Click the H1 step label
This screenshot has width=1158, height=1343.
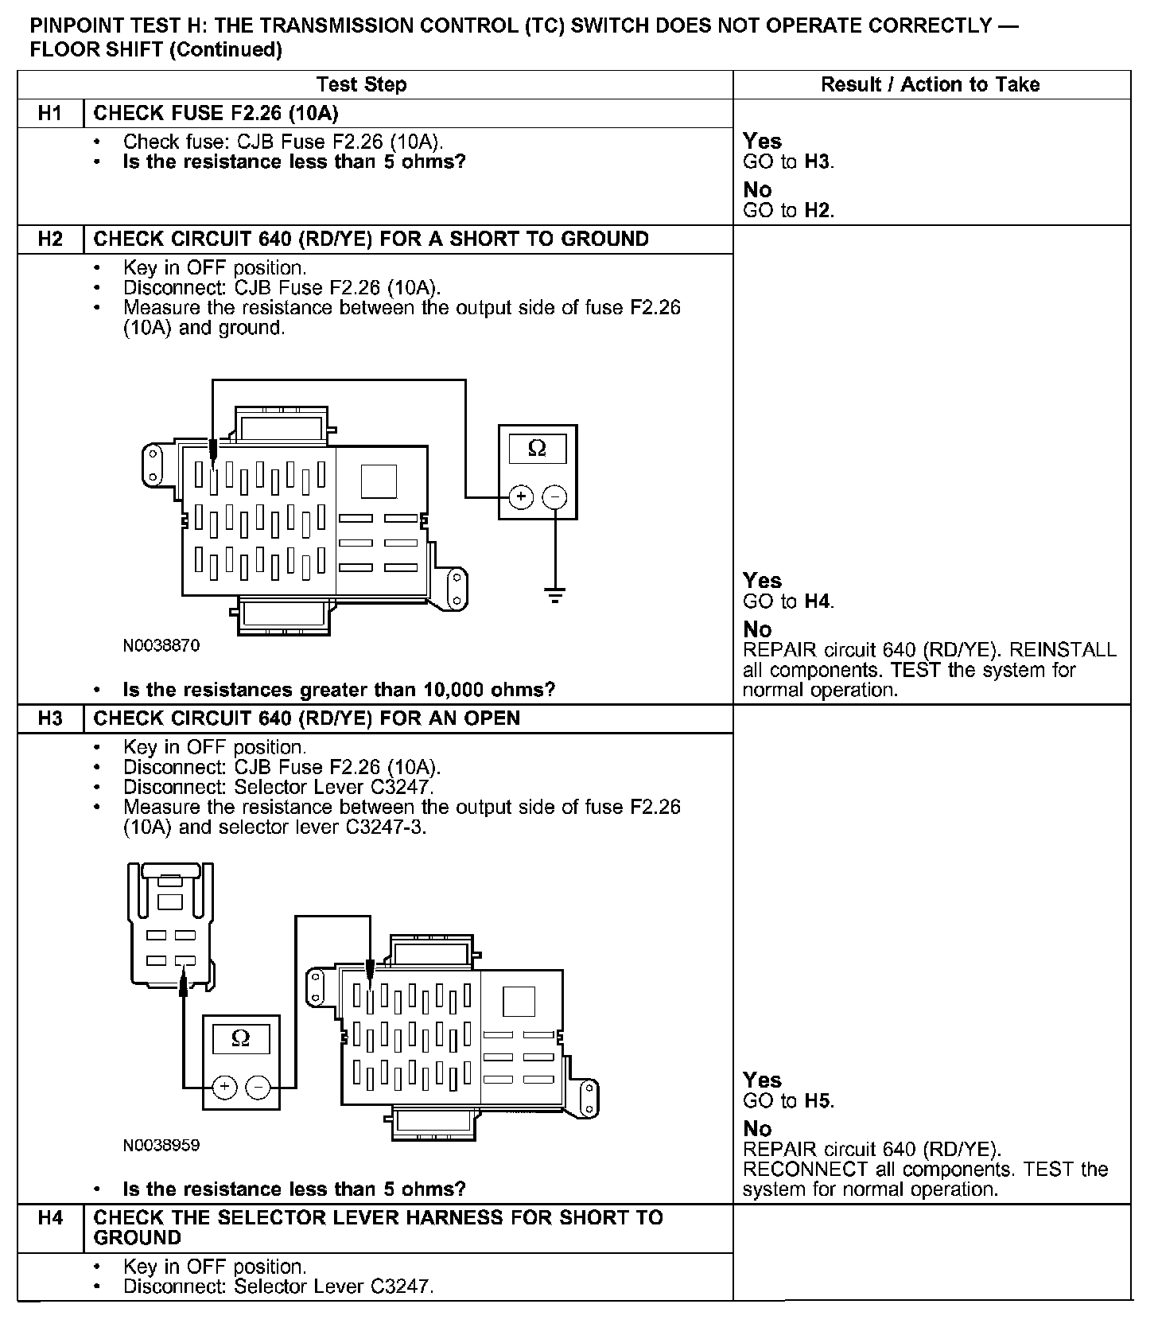tap(50, 114)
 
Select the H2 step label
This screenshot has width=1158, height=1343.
tap(50, 239)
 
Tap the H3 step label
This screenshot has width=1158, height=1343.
tap(50, 718)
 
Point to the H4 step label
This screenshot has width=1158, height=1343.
tap(50, 1218)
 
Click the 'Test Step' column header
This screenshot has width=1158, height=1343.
tap(361, 85)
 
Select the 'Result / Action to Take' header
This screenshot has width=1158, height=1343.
tap(930, 85)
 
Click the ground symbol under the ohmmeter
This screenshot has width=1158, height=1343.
tap(555, 594)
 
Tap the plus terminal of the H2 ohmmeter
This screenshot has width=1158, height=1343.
tap(521, 498)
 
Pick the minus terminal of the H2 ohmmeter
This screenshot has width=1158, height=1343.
tap(554, 498)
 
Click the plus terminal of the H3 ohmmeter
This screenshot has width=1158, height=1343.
tap(225, 1087)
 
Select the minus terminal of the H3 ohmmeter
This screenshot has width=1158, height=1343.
tap(257, 1087)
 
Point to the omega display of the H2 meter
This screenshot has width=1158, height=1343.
tap(538, 449)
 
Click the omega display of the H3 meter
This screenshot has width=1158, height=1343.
tap(240, 1038)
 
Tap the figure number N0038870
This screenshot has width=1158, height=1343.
tap(161, 646)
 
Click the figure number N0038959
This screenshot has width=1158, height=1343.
tap(161, 1146)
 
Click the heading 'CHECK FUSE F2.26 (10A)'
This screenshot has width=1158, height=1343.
tap(216, 114)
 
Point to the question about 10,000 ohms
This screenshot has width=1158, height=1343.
tap(339, 690)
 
